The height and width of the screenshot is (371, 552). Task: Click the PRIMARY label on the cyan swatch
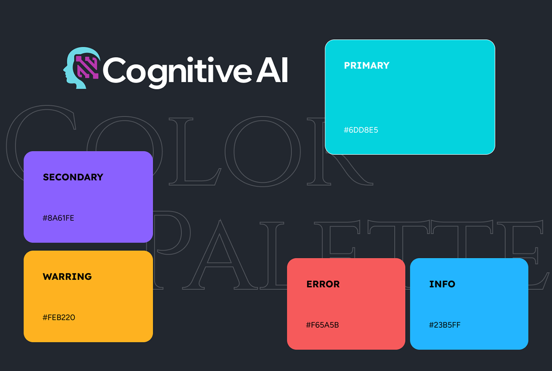tap(366, 65)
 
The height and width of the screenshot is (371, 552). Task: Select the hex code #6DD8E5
tap(361, 130)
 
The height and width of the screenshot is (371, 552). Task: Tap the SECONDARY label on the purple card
tap(73, 177)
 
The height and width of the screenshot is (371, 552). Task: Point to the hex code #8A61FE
tap(58, 218)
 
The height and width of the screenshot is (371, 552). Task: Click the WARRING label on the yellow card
tap(67, 277)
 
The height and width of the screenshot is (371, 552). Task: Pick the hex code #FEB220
tap(59, 318)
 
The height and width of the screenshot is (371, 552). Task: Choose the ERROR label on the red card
tap(323, 284)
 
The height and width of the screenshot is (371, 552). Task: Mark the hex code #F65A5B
tap(322, 325)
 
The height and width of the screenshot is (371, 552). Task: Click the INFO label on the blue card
tap(442, 284)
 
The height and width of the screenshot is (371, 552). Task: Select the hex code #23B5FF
tap(445, 325)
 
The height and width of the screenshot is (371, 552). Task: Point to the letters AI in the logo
tap(272, 70)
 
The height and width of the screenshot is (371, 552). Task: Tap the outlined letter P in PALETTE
tap(171, 249)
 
